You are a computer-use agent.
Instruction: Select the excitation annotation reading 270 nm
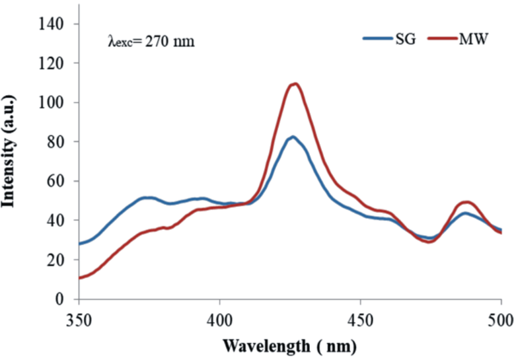point(151,41)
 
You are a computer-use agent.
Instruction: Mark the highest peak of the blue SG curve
point(292,137)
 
